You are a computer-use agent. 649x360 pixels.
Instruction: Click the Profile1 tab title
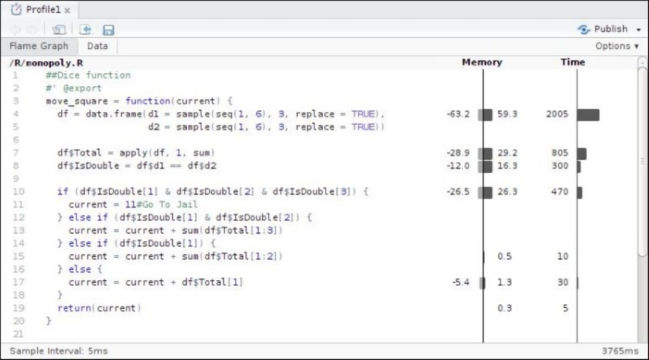pyautogui.click(x=43, y=10)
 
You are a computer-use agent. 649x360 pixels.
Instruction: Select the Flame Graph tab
pyautogui.click(x=39, y=46)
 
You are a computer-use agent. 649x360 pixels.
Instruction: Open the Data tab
pyautogui.click(x=98, y=46)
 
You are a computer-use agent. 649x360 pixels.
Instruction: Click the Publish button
pyautogui.click(x=606, y=29)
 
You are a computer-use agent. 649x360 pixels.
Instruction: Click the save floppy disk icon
pyautogui.click(x=109, y=29)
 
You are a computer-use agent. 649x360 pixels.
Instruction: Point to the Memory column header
pyautogui.click(x=482, y=62)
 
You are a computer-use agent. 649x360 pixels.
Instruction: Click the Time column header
pyautogui.click(x=573, y=62)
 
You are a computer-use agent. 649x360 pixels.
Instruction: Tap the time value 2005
pyautogui.click(x=557, y=114)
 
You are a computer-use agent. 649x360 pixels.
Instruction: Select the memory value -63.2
pyautogui.click(x=459, y=114)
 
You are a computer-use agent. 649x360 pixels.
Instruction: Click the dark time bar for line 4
pyautogui.click(x=588, y=114)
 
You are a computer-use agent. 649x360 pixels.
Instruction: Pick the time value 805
pyautogui.click(x=559, y=153)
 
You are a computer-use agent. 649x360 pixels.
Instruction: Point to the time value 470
pyautogui.click(x=559, y=192)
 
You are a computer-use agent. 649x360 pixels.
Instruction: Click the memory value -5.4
pyautogui.click(x=462, y=282)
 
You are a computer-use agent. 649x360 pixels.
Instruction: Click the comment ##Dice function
pyautogui.click(x=88, y=76)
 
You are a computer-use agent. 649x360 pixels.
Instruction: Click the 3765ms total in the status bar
pyautogui.click(x=620, y=351)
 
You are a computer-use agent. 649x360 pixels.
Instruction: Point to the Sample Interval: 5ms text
pyautogui.click(x=55, y=351)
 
